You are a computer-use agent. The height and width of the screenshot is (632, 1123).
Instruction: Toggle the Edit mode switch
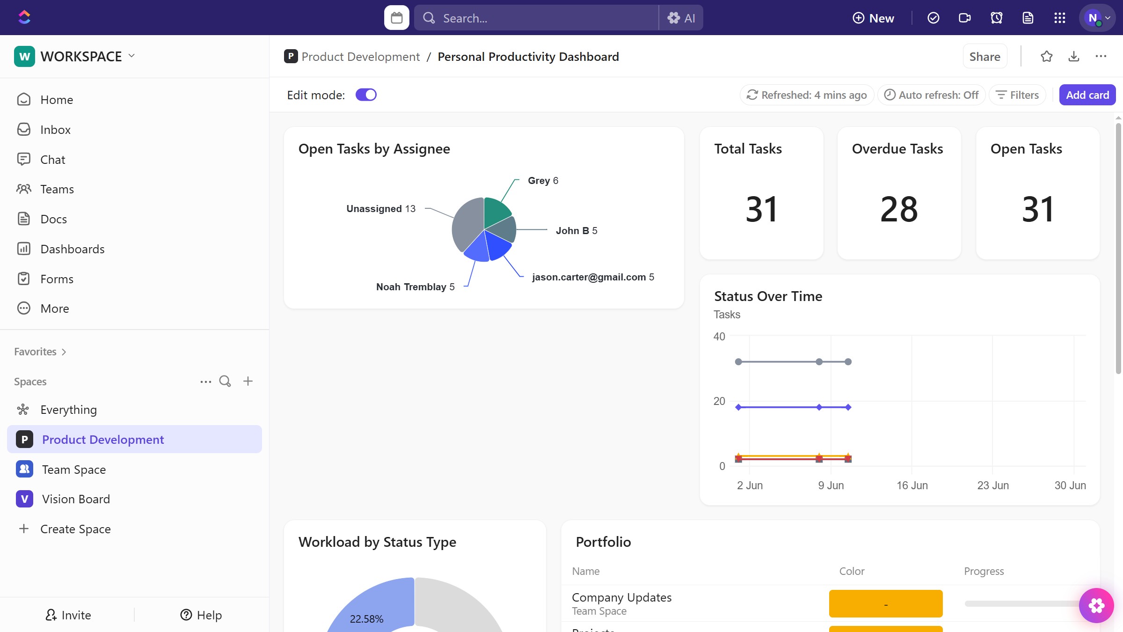pos(366,95)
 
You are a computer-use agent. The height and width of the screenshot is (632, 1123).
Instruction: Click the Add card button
pos(1087,95)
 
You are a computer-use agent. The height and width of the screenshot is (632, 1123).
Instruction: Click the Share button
pos(984,57)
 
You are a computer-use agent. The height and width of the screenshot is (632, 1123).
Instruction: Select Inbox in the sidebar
pos(55,130)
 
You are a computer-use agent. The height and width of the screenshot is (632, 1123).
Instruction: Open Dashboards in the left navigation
pos(72,249)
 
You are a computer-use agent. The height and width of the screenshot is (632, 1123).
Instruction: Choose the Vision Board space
pos(76,499)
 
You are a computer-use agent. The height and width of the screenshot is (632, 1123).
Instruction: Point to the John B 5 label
pos(576,231)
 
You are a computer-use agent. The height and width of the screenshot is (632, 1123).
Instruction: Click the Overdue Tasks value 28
pos(899,209)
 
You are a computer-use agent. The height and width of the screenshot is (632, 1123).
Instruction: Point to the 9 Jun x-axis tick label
pos(831,485)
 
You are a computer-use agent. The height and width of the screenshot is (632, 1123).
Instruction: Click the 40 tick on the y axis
pos(719,337)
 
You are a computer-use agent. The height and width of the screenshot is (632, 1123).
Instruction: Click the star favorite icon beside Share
pos(1047,57)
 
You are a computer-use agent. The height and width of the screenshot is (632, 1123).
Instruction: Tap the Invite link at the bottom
pos(68,615)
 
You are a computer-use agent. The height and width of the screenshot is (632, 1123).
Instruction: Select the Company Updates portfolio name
pos(621,597)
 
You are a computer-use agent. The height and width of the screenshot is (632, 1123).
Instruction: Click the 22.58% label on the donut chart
pos(366,619)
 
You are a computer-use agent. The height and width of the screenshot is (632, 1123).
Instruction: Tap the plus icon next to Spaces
pos(248,382)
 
